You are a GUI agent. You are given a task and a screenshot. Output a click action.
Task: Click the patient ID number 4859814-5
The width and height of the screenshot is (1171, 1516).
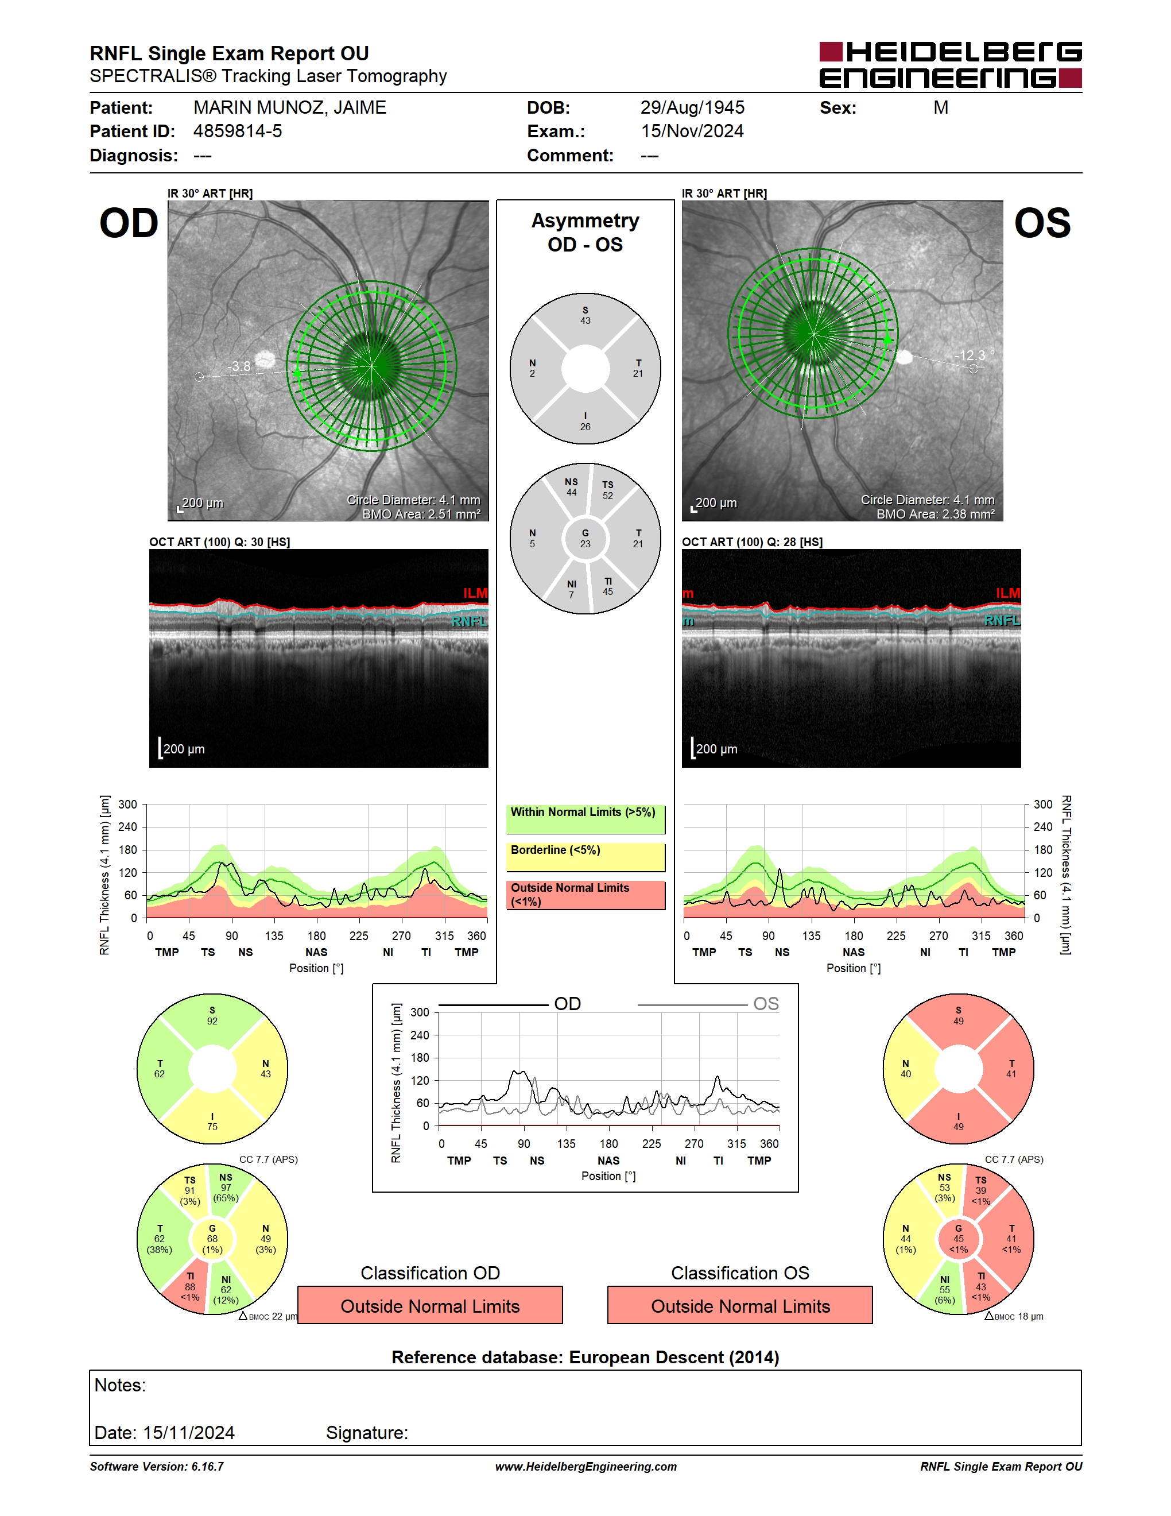pos(237,131)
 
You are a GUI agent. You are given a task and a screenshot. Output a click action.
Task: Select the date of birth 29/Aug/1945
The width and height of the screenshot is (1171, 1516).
pos(692,107)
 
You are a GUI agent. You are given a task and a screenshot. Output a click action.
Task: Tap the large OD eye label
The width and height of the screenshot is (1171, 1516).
pos(129,223)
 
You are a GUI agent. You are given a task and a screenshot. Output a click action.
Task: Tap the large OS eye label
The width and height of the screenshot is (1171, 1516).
pos(1042,223)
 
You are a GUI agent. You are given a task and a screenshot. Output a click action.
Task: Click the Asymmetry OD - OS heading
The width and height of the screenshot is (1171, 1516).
pos(585,233)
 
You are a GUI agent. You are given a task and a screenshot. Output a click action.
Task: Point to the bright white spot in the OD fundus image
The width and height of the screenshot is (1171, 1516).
pos(264,359)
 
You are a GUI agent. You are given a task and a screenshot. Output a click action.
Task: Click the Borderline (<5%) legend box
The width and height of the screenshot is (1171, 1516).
pos(585,857)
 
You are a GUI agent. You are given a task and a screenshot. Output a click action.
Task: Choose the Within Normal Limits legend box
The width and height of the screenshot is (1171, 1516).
pos(585,819)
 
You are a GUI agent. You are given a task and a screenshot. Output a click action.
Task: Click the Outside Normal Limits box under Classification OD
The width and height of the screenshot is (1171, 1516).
pos(430,1305)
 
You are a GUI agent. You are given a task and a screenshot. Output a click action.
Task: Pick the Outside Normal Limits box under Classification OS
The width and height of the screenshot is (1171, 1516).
pos(740,1305)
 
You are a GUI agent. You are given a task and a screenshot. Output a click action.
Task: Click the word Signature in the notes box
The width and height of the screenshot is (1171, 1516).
pos(367,1433)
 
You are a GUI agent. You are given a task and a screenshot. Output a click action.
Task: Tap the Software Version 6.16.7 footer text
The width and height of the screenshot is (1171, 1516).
pos(157,1467)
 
